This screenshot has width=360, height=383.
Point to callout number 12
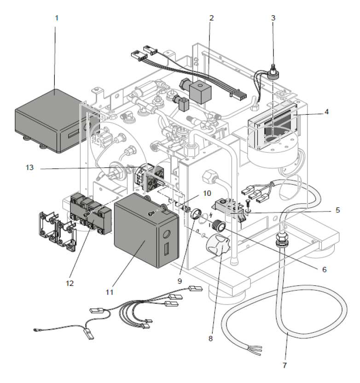coord(70,282)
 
